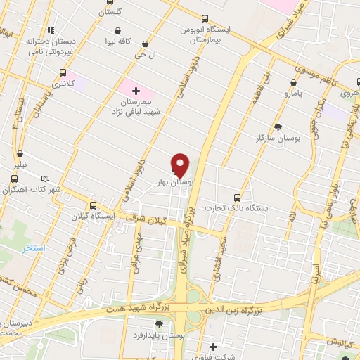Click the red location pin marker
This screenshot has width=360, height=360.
point(181,165)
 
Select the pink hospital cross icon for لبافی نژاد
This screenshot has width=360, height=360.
point(136,90)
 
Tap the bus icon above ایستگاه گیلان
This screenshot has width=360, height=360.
point(91,205)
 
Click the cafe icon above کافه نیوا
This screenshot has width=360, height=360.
point(125,30)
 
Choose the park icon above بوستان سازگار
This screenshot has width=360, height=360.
point(279,127)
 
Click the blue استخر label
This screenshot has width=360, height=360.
point(33,249)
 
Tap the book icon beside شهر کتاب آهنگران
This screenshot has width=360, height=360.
point(46,179)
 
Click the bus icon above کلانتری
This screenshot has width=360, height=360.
point(64,72)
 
